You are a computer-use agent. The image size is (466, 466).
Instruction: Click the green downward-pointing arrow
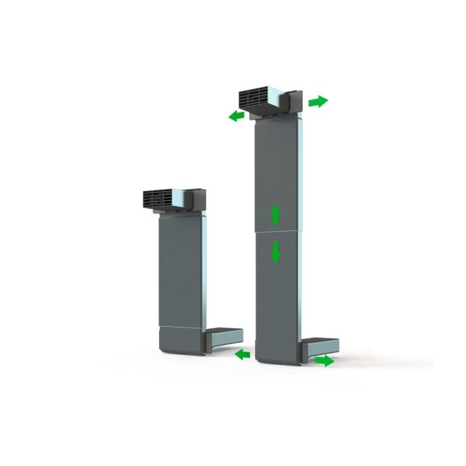pyautogui.click(x=276, y=252)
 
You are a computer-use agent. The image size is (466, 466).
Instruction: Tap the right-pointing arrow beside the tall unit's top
pyautogui.click(x=318, y=102)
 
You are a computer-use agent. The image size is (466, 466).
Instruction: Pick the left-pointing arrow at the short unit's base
pyautogui.click(x=243, y=355)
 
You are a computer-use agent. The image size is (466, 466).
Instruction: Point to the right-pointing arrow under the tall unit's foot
pyautogui.click(x=324, y=360)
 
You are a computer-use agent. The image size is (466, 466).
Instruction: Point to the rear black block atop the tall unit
pyautogui.click(x=294, y=102)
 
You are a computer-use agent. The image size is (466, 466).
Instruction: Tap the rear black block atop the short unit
pyautogui.click(x=198, y=198)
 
